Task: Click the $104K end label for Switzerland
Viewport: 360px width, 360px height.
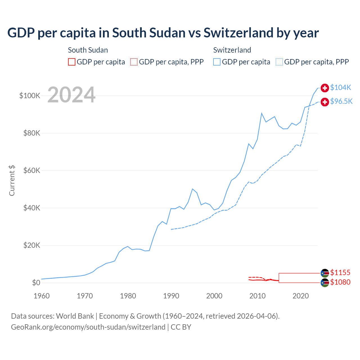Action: pyautogui.click(x=341, y=87)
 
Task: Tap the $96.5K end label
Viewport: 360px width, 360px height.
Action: pyautogui.click(x=341, y=101)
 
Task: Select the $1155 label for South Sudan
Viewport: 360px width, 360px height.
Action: pyautogui.click(x=340, y=273)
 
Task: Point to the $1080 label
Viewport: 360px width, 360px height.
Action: pyautogui.click(x=340, y=282)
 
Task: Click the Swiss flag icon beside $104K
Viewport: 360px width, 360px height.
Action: pyautogui.click(x=325, y=88)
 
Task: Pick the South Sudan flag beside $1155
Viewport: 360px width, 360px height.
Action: pyautogui.click(x=325, y=273)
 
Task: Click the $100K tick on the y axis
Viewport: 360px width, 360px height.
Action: pyautogui.click(x=30, y=96)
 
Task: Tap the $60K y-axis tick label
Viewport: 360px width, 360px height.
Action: pyautogui.click(x=32, y=170)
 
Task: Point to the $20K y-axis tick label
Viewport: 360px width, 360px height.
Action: pyautogui.click(x=32, y=245)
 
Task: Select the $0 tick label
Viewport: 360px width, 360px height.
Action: pyautogui.click(x=36, y=283)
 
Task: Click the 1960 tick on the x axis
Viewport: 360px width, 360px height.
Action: pyautogui.click(x=42, y=296)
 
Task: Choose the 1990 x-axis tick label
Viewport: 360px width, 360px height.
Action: pyautogui.click(x=171, y=296)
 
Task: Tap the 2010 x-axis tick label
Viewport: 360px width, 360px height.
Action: pyautogui.click(x=257, y=296)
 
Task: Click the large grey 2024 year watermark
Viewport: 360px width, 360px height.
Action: pyautogui.click(x=71, y=95)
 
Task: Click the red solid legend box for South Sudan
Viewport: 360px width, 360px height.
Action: pyautogui.click(x=72, y=62)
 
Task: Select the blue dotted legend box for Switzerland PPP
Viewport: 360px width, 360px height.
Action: pyautogui.click(x=279, y=62)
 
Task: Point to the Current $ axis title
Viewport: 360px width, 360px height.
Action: pyautogui.click(x=12, y=181)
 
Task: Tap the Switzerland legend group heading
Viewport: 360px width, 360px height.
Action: pyautogui.click(x=232, y=50)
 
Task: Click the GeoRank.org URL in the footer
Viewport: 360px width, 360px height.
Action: pyautogui.click(x=88, y=327)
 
